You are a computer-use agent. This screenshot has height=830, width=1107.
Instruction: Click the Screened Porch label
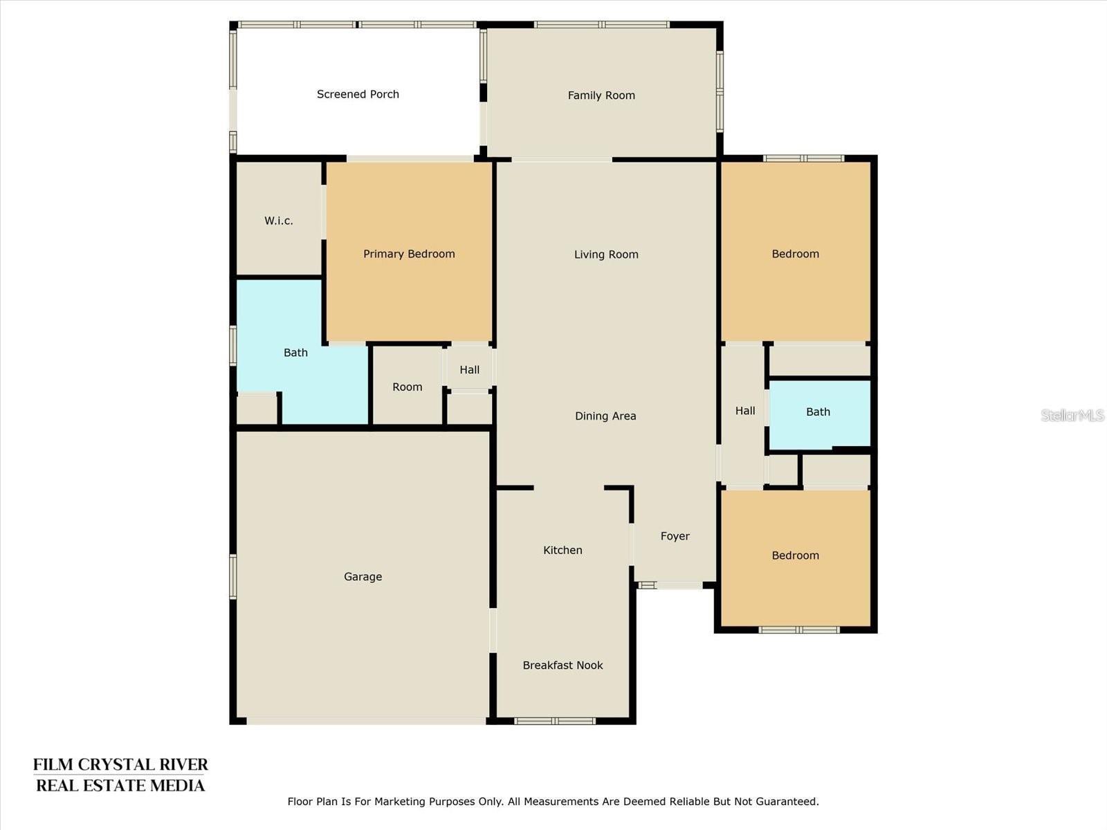coord(358,94)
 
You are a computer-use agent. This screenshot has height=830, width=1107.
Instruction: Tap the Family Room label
coord(601,95)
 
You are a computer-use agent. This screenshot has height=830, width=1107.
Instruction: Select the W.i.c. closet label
coord(279,221)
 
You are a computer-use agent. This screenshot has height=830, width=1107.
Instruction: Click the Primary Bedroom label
coord(409,254)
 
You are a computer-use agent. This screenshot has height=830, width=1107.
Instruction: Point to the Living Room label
coord(606,255)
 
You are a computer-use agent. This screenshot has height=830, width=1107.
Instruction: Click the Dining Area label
coord(605,416)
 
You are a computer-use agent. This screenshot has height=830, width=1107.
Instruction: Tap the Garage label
coord(363,576)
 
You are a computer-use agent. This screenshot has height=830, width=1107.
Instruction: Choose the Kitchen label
coord(562,550)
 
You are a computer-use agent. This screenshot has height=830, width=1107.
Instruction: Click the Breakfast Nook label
coord(562,665)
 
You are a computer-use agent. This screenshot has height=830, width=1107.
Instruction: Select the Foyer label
coord(675,536)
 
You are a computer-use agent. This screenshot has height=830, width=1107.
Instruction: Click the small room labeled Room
coord(407,387)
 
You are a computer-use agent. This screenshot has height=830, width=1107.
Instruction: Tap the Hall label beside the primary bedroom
coord(469,369)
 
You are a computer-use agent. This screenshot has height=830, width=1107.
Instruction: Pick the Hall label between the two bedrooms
coord(745,411)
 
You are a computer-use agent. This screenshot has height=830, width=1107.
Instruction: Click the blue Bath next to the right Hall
coord(818,412)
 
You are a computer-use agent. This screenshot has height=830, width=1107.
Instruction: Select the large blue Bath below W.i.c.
coord(295,353)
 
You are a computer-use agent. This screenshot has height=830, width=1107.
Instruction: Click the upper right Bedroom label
coord(795,254)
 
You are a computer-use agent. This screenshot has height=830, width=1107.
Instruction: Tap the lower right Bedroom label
coord(795,555)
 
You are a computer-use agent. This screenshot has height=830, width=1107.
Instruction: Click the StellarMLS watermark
coord(1072,415)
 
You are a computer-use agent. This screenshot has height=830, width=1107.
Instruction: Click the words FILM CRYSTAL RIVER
coord(120,765)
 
